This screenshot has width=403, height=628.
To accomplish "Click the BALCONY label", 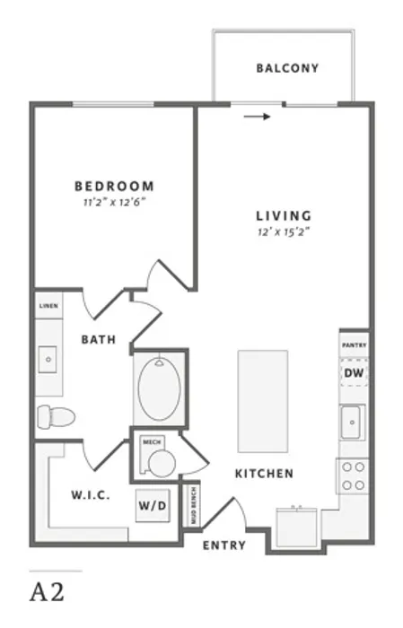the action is [x=287, y=68].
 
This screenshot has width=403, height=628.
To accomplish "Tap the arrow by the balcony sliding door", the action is [x=258, y=117].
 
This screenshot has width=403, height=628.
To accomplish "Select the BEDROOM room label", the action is [x=115, y=187].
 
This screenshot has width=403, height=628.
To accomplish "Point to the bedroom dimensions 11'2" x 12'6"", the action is [x=114, y=202].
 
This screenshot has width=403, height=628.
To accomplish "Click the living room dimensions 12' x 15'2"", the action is [x=284, y=231].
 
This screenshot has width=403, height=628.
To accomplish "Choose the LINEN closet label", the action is [x=48, y=306].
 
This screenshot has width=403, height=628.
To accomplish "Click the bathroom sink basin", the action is [x=48, y=360].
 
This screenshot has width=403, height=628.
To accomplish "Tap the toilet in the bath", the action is [x=56, y=416].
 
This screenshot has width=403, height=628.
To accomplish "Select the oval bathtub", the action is [x=160, y=388].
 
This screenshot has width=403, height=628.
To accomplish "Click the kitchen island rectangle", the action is [x=263, y=401].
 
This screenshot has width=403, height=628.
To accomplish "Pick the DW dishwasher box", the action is [x=355, y=373].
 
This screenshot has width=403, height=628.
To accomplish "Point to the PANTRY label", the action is [x=355, y=345].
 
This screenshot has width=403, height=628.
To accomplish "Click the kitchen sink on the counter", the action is [x=352, y=423].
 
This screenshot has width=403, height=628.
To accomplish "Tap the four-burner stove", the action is [x=353, y=476].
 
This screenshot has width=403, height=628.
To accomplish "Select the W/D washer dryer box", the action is [x=153, y=505].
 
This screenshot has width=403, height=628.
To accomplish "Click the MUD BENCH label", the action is [x=194, y=505].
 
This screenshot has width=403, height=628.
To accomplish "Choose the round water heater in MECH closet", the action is [x=162, y=464].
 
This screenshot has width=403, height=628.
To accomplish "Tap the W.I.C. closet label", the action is [x=91, y=495].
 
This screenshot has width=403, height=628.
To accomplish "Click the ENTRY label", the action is [x=223, y=545].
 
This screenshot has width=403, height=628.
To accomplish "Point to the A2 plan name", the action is [x=47, y=591].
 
